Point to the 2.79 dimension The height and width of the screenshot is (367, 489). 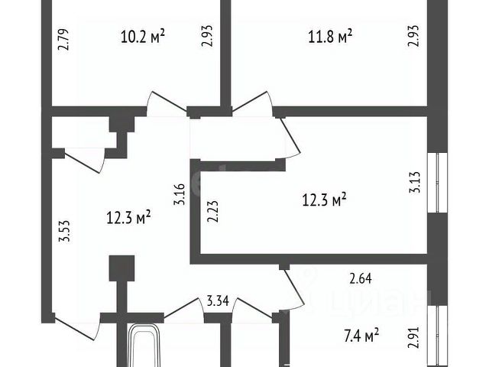[x=64, y=40]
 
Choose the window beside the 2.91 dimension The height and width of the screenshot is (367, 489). [x=438, y=336]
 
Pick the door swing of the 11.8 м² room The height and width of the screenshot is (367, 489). [x=253, y=102]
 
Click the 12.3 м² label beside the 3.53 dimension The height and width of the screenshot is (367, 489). [x=128, y=218]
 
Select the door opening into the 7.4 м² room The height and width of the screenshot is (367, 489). [x=296, y=291]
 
